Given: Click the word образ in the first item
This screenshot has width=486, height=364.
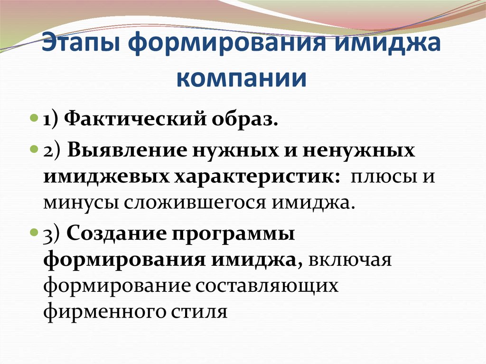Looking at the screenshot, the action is (244, 119).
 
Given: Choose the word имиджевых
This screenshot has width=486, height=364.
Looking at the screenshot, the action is (107, 177).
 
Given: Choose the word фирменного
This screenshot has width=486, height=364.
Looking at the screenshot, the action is (105, 311).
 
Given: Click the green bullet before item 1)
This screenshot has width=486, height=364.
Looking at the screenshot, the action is (34, 119).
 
